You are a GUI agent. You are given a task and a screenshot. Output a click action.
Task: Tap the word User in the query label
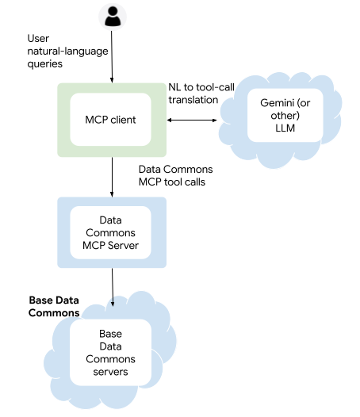pos(38,38)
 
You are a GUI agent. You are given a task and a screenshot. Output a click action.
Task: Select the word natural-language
pos(67,52)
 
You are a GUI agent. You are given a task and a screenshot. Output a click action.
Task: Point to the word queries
pos(45,64)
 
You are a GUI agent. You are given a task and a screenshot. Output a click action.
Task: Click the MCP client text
pos(110,120)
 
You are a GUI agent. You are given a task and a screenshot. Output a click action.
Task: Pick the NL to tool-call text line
pos(202,86)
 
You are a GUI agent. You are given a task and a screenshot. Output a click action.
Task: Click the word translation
pos(193,99)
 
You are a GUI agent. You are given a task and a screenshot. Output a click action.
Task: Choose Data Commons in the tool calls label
pos(175,170)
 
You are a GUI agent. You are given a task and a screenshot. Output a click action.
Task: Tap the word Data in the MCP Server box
pos(110,220)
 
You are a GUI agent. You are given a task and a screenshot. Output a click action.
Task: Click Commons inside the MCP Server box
pos(110,232)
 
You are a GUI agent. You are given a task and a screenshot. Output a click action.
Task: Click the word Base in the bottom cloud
pos(111,333)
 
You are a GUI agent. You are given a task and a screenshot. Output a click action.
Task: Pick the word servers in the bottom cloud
pos(110,372)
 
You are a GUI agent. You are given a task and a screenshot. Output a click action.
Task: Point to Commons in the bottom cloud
pos(110,359)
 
